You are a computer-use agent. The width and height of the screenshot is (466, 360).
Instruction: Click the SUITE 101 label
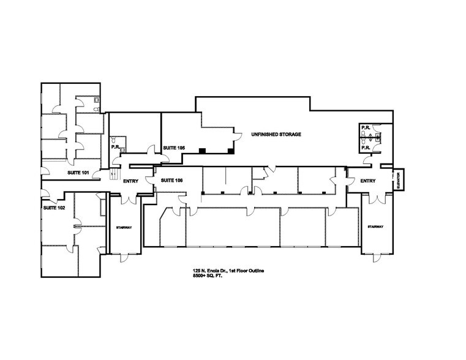tap(78, 173)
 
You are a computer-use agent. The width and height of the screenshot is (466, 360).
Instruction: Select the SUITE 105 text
tap(174, 148)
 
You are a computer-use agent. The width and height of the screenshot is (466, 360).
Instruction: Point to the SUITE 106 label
tap(171, 181)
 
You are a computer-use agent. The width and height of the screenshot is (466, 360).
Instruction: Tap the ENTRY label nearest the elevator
tap(367, 181)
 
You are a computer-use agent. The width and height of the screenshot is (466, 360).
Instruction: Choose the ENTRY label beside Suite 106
tap(131, 181)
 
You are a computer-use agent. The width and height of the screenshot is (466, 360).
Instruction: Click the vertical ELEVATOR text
tap(397, 181)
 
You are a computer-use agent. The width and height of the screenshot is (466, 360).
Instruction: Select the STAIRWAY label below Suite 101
tap(124, 227)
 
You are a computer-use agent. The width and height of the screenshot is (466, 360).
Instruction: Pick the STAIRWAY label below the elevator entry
tap(375, 227)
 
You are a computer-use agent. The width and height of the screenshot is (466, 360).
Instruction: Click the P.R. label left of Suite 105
tap(115, 147)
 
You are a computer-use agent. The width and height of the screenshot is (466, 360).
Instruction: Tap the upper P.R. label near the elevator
tap(365, 129)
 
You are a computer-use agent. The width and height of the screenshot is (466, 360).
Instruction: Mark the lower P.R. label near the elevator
tap(365, 148)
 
